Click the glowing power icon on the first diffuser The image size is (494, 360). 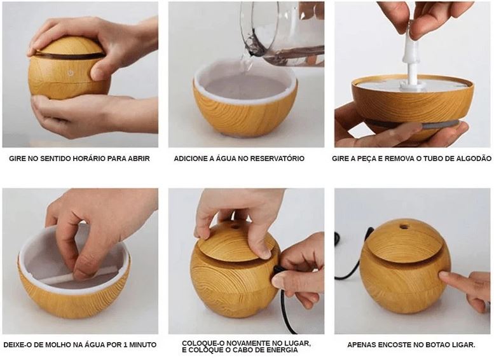coord(71,73)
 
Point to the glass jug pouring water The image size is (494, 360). coord(282,33)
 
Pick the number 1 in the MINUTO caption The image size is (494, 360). coord(124,345)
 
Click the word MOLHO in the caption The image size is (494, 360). coord(58,345)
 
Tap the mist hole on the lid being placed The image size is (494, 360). coord(235,226)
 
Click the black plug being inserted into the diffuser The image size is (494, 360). coord(278,271)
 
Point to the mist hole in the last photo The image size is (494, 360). coord(404,226)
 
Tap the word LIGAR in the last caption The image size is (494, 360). coord(464,345)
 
